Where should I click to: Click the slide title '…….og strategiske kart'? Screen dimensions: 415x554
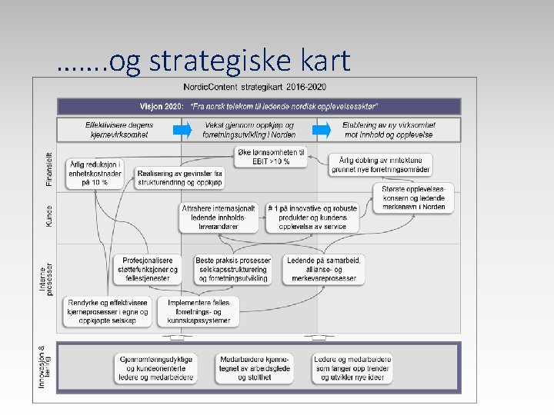coord(203,61)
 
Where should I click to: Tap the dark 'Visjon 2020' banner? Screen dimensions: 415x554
coord(259,106)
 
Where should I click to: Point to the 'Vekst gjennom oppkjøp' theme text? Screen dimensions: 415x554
coord(249,129)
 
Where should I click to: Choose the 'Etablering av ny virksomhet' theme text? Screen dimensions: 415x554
coord(389,129)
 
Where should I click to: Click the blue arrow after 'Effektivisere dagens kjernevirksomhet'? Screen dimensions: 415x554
coord(182,129)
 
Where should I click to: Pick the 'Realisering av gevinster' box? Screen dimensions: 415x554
coord(180,178)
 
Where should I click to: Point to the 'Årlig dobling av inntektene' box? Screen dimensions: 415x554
coord(382,164)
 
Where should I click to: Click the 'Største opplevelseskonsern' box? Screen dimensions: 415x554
coord(413,198)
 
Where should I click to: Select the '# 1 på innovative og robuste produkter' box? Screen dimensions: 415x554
coord(312,217)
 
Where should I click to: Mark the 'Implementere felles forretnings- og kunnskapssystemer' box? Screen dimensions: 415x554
coord(199,311)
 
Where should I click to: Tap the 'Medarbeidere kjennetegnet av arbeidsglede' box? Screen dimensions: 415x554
coord(255,368)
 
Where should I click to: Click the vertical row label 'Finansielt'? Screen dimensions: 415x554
coord(49,168)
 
